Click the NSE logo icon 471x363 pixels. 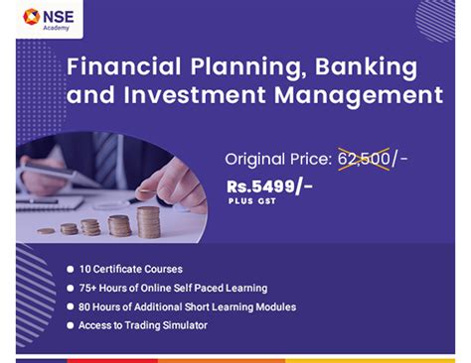point(32,17)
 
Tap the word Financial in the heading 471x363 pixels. point(122,67)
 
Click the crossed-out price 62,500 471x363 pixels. point(364,158)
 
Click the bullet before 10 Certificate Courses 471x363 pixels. point(69,269)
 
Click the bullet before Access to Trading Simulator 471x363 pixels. point(69,325)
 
